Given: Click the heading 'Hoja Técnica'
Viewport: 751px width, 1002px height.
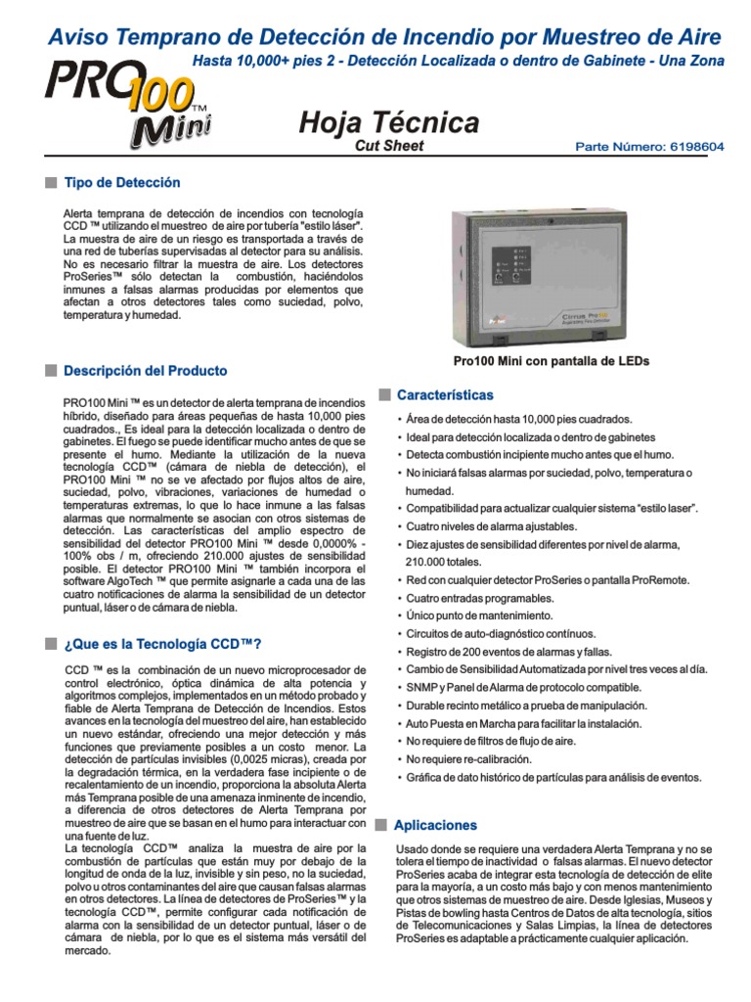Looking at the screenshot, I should pyautogui.click(x=388, y=122).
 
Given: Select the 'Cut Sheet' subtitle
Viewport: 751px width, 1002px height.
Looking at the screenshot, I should pyautogui.click(x=388, y=146).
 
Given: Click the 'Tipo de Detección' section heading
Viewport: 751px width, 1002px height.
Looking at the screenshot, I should pyautogui.click(x=121, y=183).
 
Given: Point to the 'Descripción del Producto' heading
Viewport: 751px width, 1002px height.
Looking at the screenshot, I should pyautogui.click(x=145, y=371).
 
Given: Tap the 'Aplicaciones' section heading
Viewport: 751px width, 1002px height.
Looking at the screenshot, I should pyautogui.click(x=435, y=825).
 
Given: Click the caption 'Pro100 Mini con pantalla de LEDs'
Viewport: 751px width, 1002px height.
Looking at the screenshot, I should pyautogui.click(x=552, y=361).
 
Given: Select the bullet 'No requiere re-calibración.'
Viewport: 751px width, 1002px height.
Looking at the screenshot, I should pyautogui.click(x=468, y=759).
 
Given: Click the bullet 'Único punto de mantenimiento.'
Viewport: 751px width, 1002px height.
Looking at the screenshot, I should pyautogui.click(x=479, y=616).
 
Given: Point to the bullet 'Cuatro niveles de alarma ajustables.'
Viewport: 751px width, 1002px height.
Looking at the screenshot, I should pyautogui.click(x=491, y=526).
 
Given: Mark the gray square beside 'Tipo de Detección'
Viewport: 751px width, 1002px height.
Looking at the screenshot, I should pyautogui.click(x=50, y=183).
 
